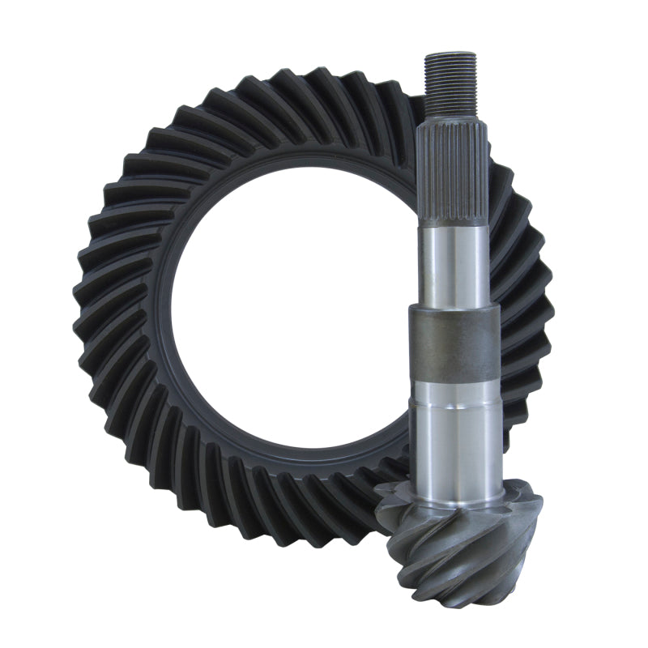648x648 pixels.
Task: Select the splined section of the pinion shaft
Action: (x=453, y=175)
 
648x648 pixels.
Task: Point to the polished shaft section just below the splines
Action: (x=454, y=263)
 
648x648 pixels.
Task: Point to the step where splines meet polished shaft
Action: (x=453, y=227)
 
